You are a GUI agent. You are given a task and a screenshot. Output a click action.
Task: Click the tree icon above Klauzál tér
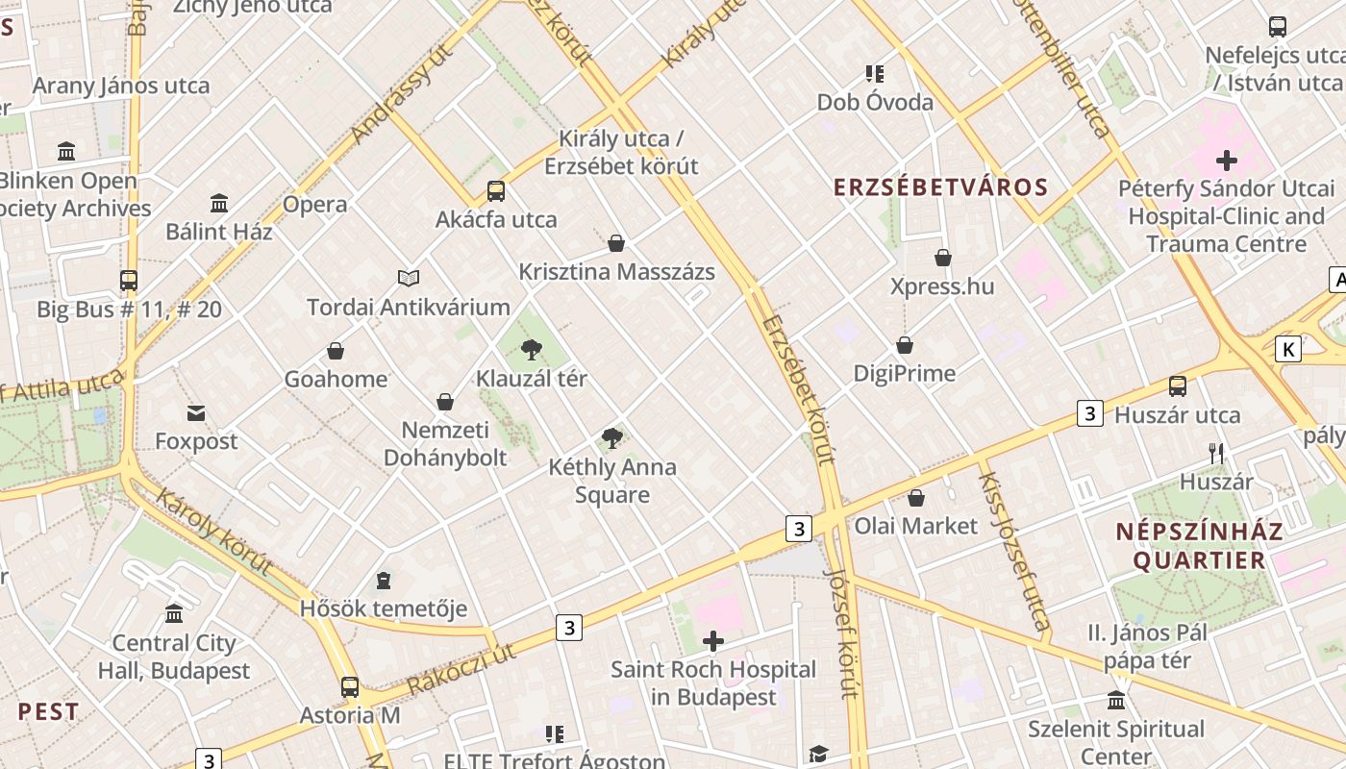530,351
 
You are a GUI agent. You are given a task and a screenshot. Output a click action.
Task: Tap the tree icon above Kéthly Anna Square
611,439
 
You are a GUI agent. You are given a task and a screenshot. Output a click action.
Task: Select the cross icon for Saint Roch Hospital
713,641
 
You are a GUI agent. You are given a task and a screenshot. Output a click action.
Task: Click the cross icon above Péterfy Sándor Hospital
1227,161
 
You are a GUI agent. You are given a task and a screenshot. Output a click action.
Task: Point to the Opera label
314,204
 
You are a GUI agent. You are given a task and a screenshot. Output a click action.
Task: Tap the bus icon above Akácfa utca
496,191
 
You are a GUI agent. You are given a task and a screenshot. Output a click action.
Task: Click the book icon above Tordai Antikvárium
409,279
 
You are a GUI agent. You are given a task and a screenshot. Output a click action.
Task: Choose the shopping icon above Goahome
336,351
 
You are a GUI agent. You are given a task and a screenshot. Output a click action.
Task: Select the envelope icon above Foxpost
196,413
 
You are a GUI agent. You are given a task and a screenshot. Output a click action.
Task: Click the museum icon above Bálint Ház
219,204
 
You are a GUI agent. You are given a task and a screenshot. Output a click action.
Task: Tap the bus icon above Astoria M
350,687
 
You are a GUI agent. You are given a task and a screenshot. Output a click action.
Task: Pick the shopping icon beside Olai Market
916,498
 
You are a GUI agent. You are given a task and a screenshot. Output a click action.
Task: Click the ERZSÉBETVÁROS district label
940,187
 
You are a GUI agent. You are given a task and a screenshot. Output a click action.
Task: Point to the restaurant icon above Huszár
1216,453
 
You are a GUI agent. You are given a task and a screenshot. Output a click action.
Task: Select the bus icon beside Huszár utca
1178,386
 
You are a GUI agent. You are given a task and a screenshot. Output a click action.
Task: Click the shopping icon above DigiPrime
905,345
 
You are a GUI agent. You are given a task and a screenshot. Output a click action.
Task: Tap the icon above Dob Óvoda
875,73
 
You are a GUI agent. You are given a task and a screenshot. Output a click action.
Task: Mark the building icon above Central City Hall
174,613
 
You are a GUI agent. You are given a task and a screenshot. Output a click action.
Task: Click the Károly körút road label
214,532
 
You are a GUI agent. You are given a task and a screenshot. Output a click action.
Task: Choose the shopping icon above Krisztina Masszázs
616,243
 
